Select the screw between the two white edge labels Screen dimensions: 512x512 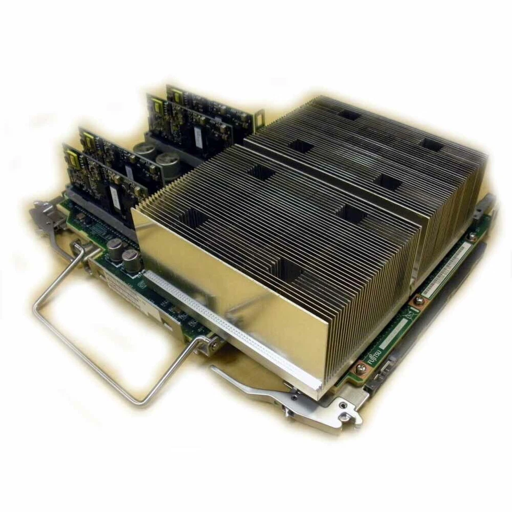coord(419,301)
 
